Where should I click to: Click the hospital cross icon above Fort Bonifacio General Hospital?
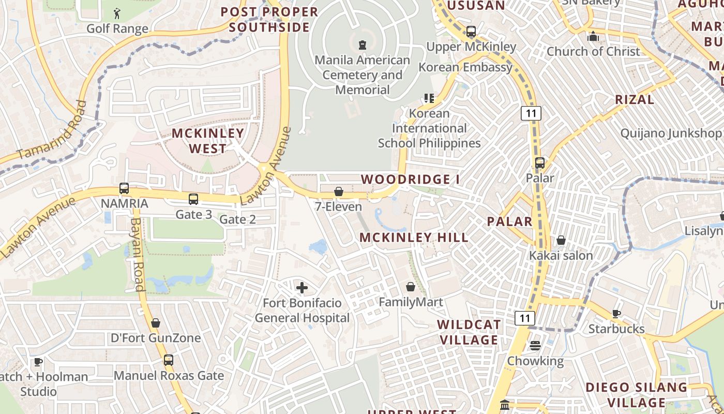(302, 287)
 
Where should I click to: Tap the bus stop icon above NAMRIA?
(124, 188)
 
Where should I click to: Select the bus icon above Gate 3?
(193, 199)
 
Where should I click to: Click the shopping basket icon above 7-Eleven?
(339, 192)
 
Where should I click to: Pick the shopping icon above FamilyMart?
(411, 287)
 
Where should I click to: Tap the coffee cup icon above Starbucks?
(616, 314)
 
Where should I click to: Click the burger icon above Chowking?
(535, 345)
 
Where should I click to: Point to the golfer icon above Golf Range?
(117, 13)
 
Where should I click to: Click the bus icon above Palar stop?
(540, 163)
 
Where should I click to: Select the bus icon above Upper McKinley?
(471, 32)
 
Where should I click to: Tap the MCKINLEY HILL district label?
(414, 238)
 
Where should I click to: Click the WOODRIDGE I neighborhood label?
(410, 180)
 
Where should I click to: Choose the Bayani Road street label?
(137, 254)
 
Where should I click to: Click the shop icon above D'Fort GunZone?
(156, 323)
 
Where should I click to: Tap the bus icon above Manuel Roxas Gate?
(169, 360)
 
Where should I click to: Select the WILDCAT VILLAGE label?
(469, 332)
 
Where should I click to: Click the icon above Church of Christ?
(593, 36)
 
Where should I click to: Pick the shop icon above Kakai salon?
(561, 240)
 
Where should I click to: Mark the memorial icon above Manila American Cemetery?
(363, 45)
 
